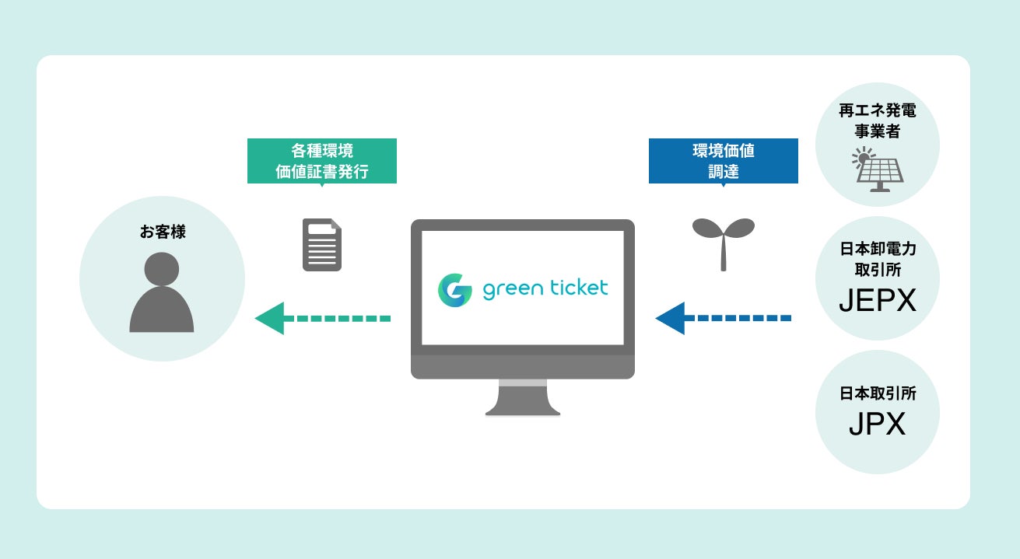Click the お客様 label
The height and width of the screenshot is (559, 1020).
coord(163,232)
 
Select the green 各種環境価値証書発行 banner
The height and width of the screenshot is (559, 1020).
coord(321,160)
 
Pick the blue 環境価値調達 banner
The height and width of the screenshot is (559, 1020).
coord(723,160)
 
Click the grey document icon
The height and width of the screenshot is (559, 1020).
coord(322,245)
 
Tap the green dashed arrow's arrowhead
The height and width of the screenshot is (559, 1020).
coord(269,319)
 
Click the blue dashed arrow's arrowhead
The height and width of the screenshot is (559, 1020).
coord(670,318)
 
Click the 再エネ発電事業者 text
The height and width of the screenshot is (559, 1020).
coord(877,121)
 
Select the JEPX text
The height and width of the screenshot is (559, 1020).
coord(878,301)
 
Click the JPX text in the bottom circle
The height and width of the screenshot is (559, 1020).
coord(877,424)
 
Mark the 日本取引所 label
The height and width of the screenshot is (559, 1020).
coord(878,393)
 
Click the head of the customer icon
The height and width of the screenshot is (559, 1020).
coord(162,268)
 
